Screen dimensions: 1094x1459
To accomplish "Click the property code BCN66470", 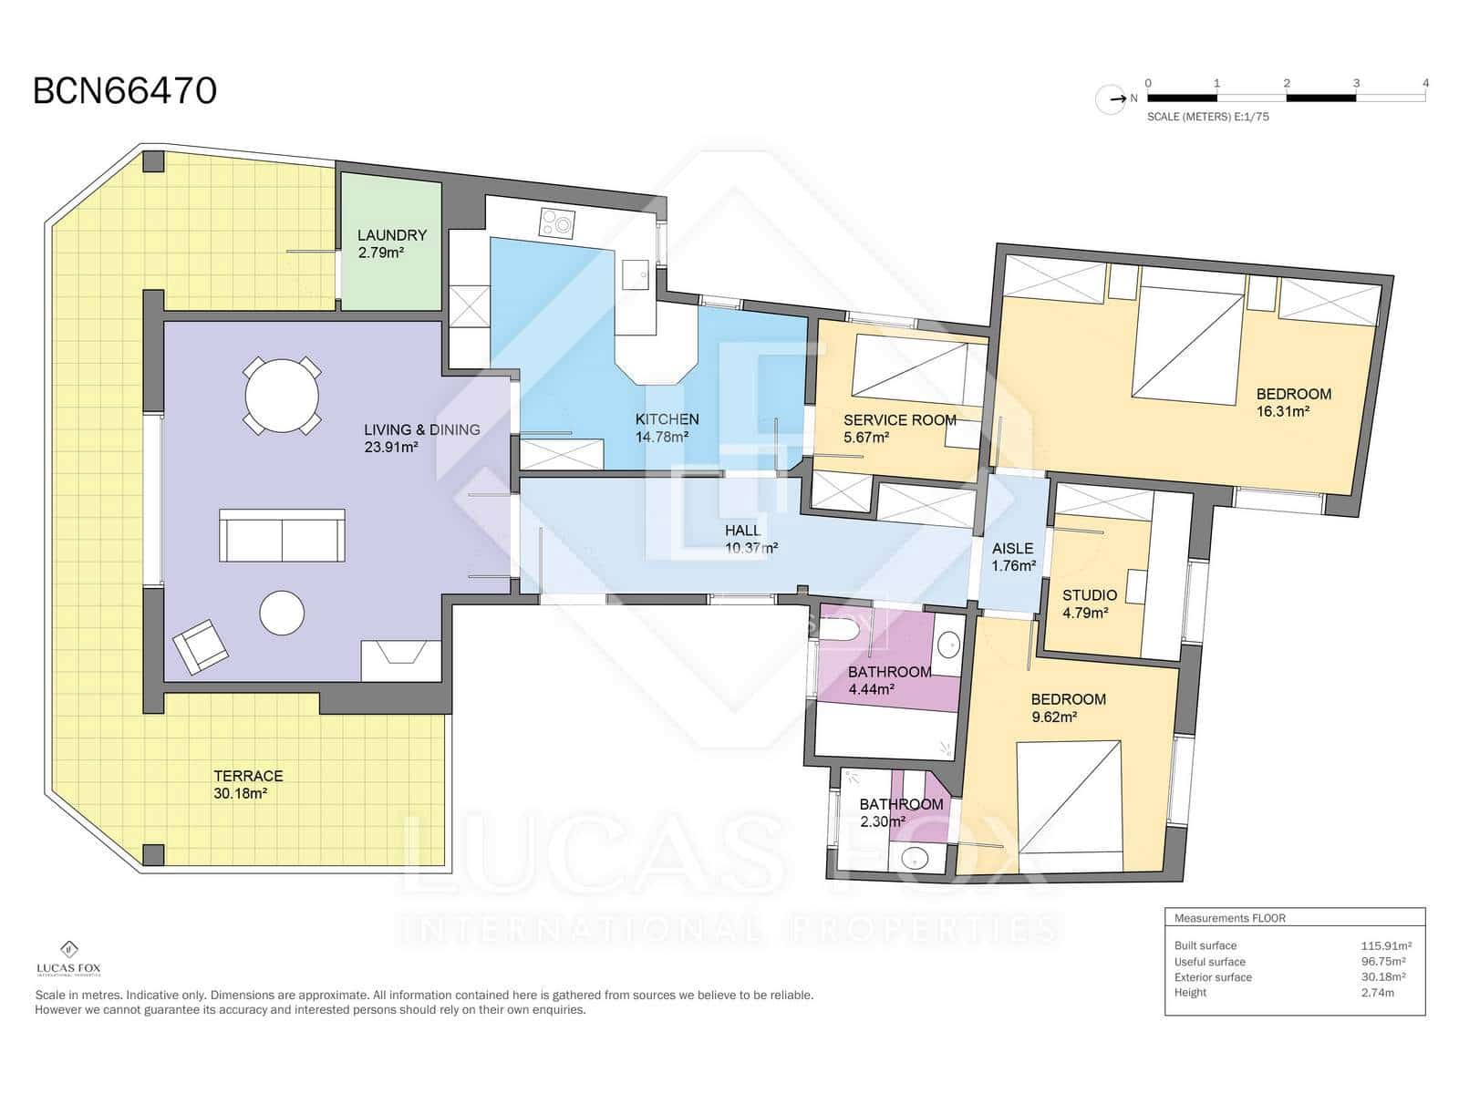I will pyautogui.click(x=125, y=91).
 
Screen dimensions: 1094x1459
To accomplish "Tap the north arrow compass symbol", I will pyautogui.click(x=1112, y=98).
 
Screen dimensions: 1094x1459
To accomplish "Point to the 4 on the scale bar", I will pyautogui.click(x=1425, y=83).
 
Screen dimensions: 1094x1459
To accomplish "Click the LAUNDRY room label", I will pyautogui.click(x=391, y=235).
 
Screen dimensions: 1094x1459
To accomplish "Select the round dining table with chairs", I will pyautogui.click(x=283, y=397).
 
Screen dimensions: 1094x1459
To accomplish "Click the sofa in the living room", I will pyautogui.click(x=282, y=535).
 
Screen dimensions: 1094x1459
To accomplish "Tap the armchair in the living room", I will pyautogui.click(x=201, y=646).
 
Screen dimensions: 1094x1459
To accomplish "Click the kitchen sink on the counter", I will pyautogui.click(x=636, y=273).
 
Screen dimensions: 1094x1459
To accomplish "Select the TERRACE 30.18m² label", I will pyautogui.click(x=248, y=784).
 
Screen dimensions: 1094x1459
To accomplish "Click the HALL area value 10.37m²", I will pyautogui.click(x=751, y=548).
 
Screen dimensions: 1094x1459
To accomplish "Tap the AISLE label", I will pyautogui.click(x=1012, y=548).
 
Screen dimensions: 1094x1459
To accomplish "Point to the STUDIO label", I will pyautogui.click(x=1089, y=594).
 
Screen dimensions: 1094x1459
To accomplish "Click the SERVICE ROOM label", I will pyautogui.click(x=899, y=419).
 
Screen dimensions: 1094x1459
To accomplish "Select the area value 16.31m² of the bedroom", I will pyautogui.click(x=1283, y=411).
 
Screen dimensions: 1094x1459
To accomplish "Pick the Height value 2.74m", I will pyautogui.click(x=1377, y=992).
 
